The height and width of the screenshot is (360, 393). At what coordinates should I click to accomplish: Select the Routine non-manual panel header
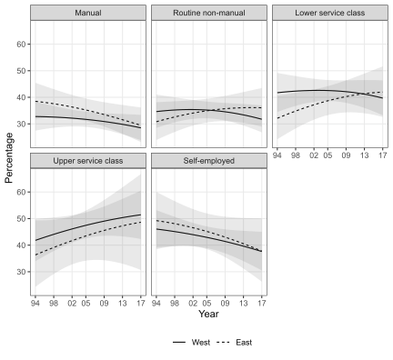click(207, 13)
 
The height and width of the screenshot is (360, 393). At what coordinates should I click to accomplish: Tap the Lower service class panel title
click(328, 13)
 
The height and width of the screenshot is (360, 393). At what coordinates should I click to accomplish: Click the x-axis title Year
click(207, 314)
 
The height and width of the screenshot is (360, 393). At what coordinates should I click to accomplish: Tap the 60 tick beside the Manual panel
click(20, 45)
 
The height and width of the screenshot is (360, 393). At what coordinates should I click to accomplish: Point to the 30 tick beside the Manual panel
click(20, 124)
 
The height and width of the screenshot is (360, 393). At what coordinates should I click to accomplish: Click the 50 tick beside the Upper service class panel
click(20, 219)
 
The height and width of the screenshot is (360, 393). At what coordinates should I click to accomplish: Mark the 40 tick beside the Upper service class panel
click(20, 245)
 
